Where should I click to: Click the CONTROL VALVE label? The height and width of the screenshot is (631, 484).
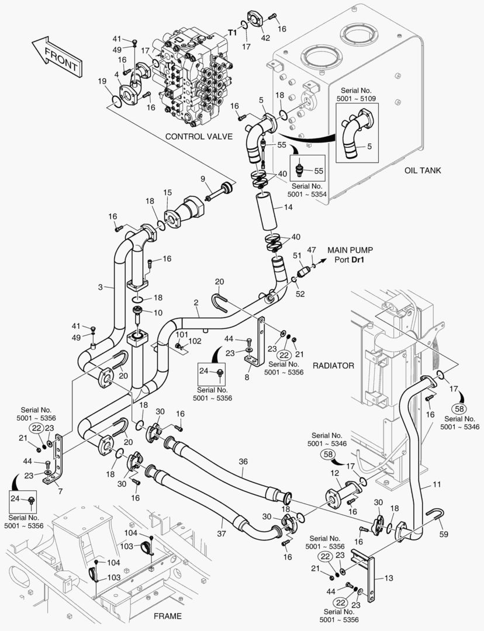[199, 136]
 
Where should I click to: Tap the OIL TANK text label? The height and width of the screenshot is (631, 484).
[423, 171]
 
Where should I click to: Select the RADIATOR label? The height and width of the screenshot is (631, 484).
[334, 365]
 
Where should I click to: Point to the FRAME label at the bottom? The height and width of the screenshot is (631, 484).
[167, 616]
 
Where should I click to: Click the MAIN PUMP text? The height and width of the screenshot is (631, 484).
[350, 250]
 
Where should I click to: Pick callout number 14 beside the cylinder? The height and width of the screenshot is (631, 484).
[288, 207]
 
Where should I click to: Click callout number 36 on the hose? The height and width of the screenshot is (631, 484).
[243, 462]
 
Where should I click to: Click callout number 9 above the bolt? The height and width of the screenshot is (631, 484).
[203, 178]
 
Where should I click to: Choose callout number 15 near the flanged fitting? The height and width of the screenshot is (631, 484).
[168, 192]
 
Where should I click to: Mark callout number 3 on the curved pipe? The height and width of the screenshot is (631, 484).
[101, 287]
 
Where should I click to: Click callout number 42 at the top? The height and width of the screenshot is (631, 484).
[265, 38]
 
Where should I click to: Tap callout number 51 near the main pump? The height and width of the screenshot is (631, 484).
[297, 255]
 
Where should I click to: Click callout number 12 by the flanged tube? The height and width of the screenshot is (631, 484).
[335, 473]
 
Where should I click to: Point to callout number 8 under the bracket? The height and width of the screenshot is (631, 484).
[247, 377]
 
